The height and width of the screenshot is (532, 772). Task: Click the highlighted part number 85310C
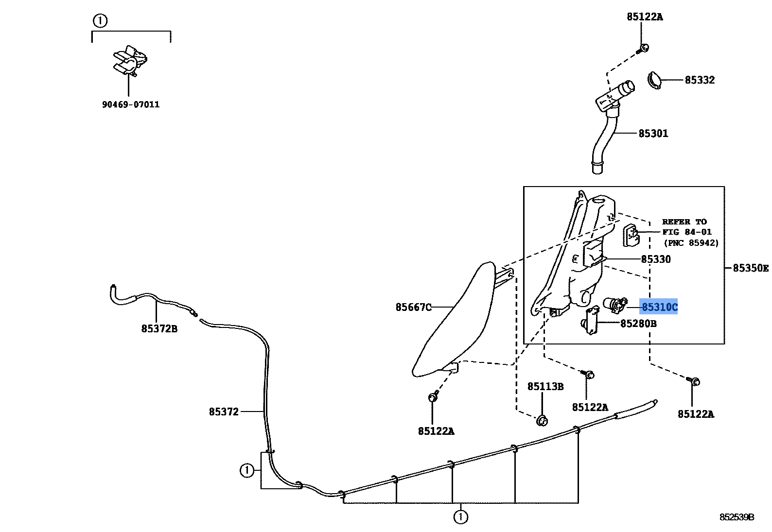(659, 307)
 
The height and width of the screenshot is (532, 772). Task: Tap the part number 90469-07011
(131, 104)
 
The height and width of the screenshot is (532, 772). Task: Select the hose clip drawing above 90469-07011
(129, 61)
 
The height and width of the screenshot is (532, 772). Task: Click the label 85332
(700, 80)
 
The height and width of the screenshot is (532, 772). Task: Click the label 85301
(653, 133)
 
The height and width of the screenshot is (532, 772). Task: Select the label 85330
(655, 259)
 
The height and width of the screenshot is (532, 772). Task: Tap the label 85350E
(750, 268)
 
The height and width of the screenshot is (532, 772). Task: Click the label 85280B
(638, 323)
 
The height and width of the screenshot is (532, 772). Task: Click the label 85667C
(413, 307)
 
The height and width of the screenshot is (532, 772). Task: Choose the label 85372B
(159, 329)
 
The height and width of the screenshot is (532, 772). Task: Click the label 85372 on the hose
(224, 412)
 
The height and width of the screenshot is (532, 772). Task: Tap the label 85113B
(545, 386)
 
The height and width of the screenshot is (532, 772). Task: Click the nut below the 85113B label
(542, 420)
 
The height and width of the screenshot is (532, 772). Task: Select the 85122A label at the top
(644, 17)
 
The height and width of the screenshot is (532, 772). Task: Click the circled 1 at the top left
(100, 21)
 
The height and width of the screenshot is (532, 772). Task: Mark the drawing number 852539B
(737, 517)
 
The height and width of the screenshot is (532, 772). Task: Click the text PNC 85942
(691, 243)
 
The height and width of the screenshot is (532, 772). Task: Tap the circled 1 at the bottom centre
(460, 517)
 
